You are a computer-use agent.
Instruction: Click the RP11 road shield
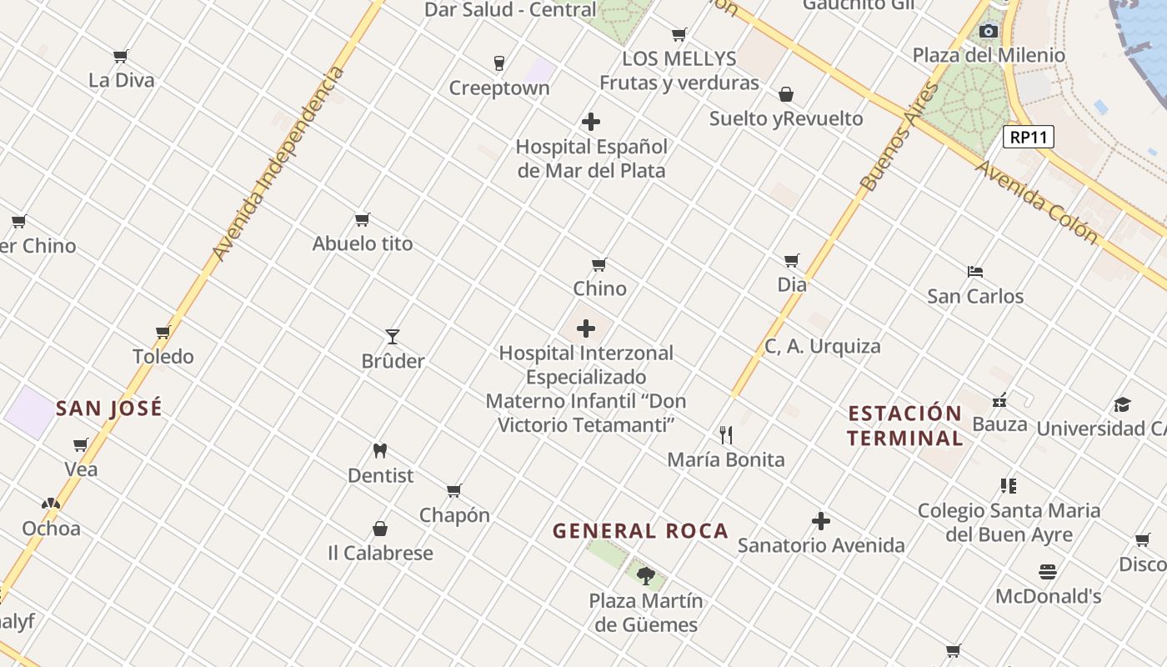[1028, 138]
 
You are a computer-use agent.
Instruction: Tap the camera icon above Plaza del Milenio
[989, 32]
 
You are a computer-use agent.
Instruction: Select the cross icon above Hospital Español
[591, 122]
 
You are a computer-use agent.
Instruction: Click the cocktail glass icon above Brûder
[393, 337]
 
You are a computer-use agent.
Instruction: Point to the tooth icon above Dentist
[380, 451]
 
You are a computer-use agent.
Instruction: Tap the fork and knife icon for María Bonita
[726, 435]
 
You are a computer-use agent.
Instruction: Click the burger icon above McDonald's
[1048, 572]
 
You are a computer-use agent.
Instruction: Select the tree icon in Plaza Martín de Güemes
[646, 575]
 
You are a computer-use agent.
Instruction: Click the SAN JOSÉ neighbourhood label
[109, 409]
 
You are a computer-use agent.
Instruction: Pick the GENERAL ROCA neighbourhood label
[640, 531]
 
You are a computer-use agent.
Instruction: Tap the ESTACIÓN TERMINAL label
[905, 425]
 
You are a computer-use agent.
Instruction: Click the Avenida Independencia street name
[278, 163]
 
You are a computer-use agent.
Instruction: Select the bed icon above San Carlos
[975, 272]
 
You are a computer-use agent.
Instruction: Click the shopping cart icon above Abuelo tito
[363, 220]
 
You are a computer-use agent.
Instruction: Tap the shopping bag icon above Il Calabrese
[380, 529]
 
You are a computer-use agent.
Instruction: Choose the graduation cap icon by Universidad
[1122, 405]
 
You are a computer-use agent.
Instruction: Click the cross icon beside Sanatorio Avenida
[821, 522]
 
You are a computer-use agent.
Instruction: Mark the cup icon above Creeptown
[499, 63]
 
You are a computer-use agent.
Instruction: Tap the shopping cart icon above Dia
[792, 261]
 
